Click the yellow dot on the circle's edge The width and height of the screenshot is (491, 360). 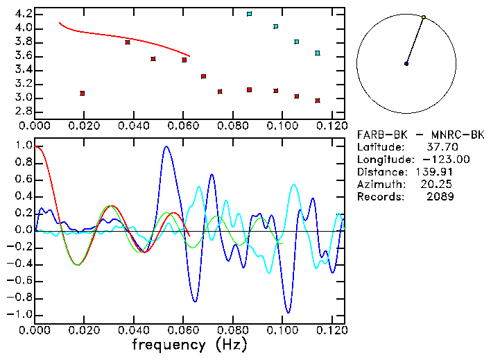click(424, 17)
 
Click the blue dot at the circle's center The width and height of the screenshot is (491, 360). click(406, 64)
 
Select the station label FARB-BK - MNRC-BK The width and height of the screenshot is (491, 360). click(420, 135)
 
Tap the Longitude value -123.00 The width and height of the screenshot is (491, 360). click(436, 160)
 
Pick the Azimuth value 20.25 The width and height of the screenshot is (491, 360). click(436, 185)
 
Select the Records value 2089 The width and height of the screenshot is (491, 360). click(440, 197)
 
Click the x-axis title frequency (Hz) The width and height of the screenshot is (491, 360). click(189, 345)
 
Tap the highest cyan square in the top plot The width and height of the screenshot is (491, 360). click(250, 14)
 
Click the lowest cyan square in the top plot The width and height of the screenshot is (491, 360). click(318, 53)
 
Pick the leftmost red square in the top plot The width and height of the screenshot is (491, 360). click(83, 93)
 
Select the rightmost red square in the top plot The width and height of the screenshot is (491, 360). click(318, 101)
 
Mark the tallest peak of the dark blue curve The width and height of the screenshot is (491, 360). click(166, 146)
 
